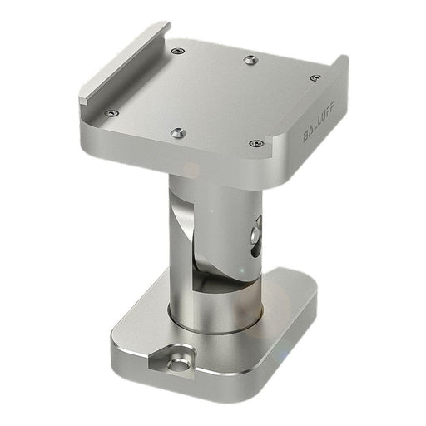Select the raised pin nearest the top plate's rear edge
point(250,60)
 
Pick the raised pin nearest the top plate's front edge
point(177,132)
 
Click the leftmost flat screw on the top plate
point(113,112)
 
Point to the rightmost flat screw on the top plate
point(315,78)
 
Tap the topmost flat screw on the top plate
point(176,52)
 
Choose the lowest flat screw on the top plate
point(255,143)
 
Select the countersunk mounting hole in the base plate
point(176,364)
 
